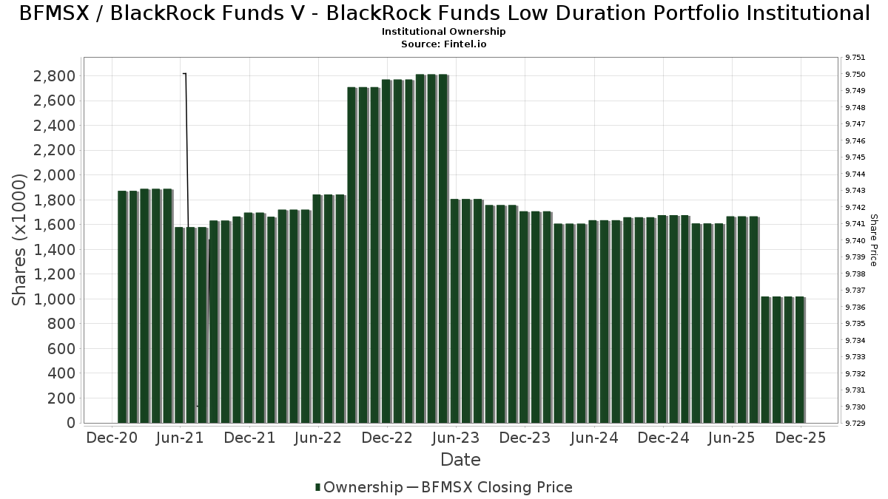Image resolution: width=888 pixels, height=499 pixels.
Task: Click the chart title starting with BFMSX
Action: [444, 13]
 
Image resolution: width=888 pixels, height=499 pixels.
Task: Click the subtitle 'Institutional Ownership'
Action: [444, 32]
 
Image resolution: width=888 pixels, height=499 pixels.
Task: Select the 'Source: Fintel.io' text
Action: [444, 44]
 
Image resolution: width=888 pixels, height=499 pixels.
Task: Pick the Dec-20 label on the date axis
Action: [112, 438]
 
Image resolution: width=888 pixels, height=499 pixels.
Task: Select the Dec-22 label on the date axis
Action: [387, 438]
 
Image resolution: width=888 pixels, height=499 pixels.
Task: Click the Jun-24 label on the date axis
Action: [593, 438]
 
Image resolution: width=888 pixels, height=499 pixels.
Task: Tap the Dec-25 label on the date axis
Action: [801, 438]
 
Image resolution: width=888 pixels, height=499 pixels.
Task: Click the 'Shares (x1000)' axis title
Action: [20, 240]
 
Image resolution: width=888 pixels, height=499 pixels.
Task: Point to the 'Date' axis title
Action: [460, 460]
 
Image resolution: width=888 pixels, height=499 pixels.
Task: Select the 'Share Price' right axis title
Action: [873, 240]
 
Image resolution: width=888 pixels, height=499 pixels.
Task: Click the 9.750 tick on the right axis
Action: [855, 74]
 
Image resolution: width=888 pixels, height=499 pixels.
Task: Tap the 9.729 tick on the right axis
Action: [855, 423]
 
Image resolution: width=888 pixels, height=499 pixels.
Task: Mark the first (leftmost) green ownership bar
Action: [122, 307]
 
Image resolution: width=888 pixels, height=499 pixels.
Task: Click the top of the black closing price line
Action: [184, 74]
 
